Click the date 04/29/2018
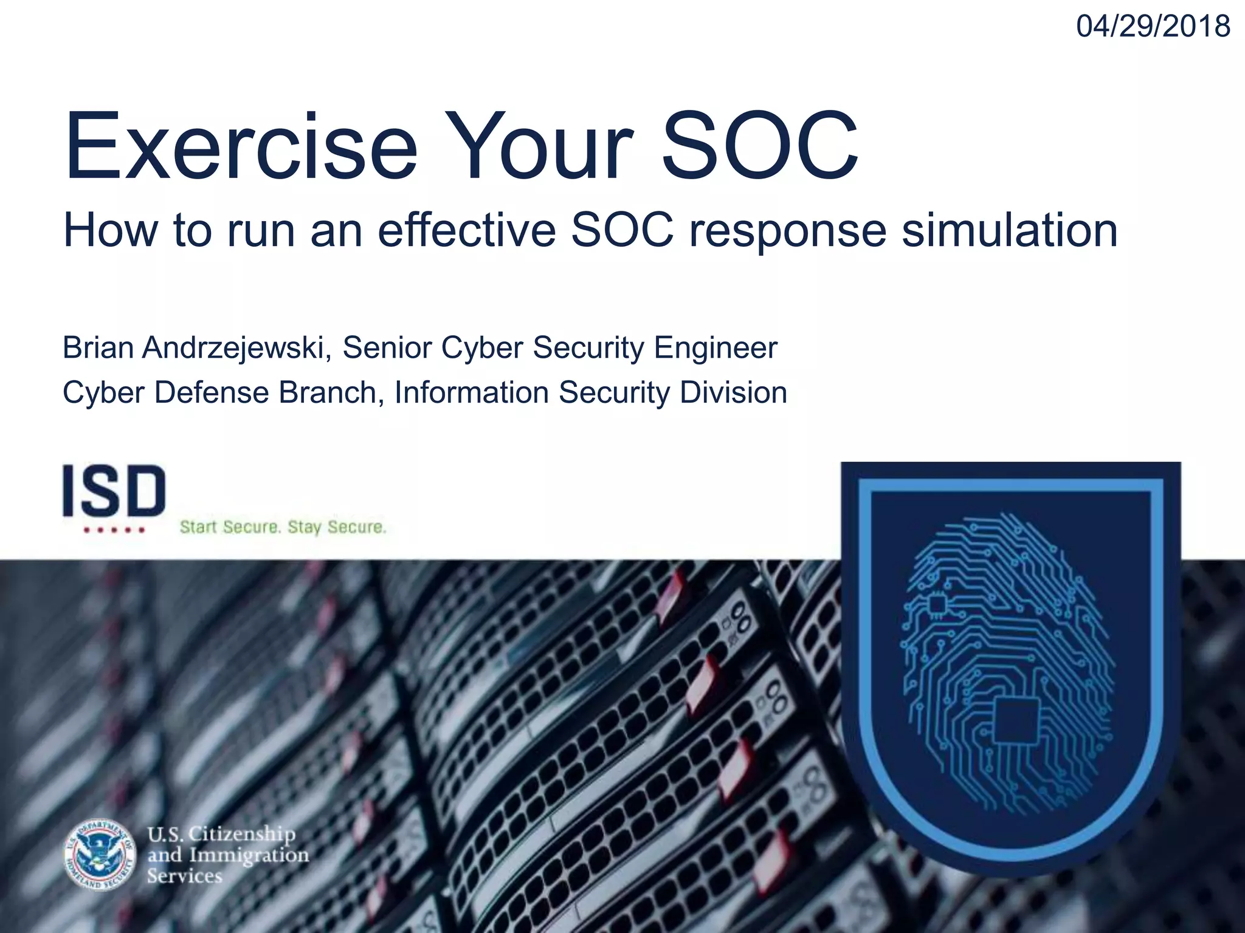pos(1153,27)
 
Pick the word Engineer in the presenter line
pos(715,348)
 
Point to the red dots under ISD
pos(114,530)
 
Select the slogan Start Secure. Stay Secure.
pos(283,527)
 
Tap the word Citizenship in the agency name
pos(241,834)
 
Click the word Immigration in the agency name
pos(249,855)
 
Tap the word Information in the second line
pos(472,392)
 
